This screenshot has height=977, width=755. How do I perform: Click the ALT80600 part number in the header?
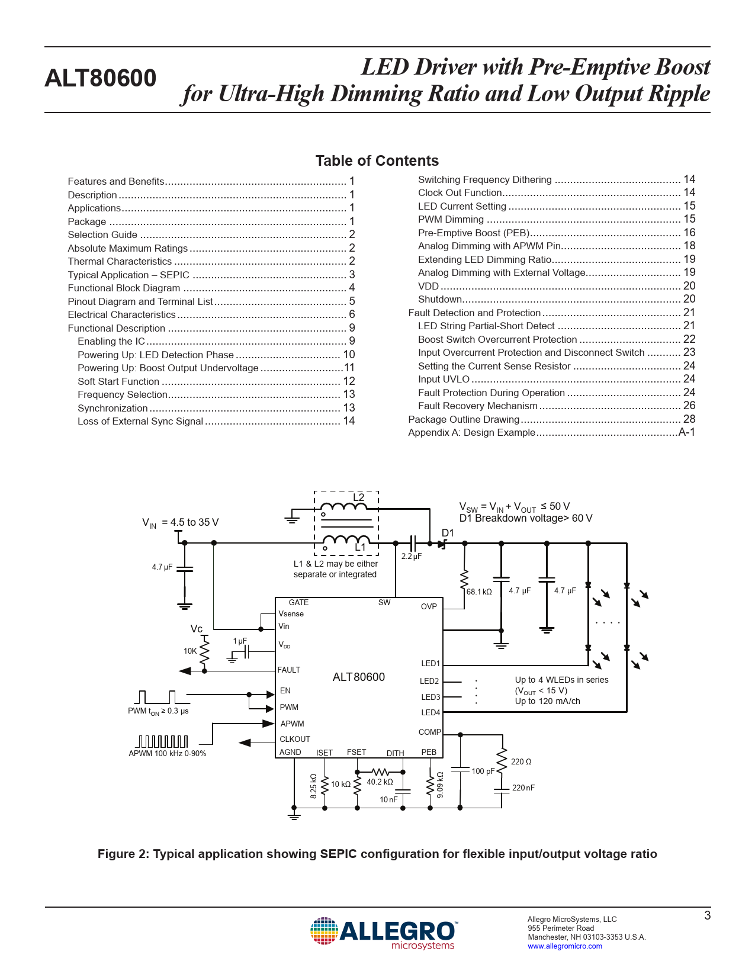(100, 79)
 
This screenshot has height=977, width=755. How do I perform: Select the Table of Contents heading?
(377, 161)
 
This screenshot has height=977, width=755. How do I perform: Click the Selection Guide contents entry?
(102, 234)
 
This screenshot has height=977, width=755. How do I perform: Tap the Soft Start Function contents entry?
(118, 381)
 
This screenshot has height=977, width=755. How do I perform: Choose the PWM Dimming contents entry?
(451, 219)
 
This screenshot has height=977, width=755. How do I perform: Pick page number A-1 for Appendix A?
(686, 432)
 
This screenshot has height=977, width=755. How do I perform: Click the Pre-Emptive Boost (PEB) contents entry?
(474, 233)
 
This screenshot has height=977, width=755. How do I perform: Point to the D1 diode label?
(448, 533)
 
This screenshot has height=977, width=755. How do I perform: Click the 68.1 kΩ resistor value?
(479, 592)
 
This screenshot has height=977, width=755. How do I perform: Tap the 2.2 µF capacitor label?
(411, 557)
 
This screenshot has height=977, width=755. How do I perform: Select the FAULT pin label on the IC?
(289, 670)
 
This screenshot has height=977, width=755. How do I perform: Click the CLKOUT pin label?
(295, 739)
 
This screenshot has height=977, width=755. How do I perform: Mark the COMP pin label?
(429, 732)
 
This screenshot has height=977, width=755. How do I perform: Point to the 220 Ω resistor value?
(521, 761)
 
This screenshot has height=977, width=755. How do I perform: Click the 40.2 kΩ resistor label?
(380, 782)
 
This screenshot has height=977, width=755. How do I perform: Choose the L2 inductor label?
(359, 497)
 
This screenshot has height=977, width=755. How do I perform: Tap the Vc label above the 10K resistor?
(197, 629)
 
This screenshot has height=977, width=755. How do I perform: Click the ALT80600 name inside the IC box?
(359, 677)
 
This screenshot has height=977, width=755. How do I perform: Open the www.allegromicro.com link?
(564, 946)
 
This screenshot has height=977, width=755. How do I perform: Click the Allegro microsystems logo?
(384, 934)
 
